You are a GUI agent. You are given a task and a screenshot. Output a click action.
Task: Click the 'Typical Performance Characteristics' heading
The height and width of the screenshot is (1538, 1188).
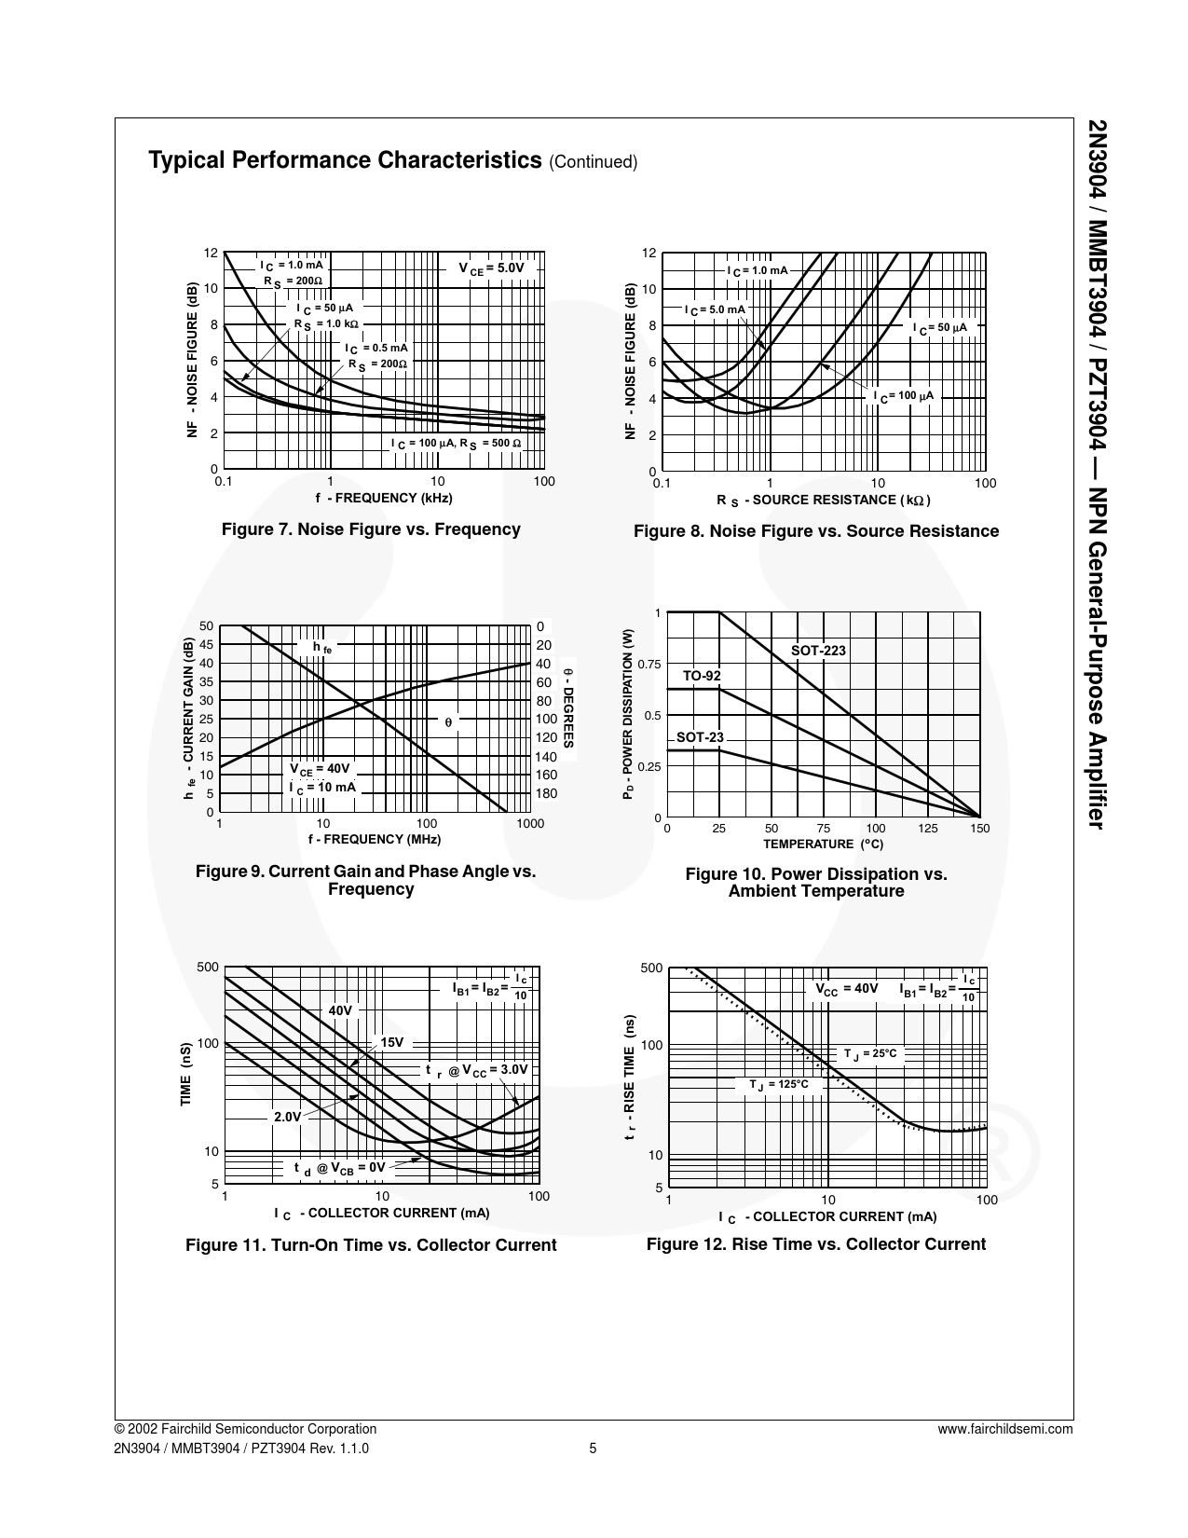pyautogui.click(x=345, y=160)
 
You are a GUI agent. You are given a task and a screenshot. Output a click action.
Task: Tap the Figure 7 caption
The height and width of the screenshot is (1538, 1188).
pyautogui.click(x=371, y=529)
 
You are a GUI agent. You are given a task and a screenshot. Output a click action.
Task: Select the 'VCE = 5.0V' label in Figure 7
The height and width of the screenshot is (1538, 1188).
pyautogui.click(x=491, y=268)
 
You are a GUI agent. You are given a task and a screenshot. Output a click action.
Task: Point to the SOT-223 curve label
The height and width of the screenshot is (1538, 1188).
pyautogui.click(x=818, y=651)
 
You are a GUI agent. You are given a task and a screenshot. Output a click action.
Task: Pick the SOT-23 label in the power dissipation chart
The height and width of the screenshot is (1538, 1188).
pyautogui.click(x=700, y=737)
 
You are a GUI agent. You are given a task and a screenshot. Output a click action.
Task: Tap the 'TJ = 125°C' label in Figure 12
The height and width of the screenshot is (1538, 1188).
pyautogui.click(x=779, y=1085)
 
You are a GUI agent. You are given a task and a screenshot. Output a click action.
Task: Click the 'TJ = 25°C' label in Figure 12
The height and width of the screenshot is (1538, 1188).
pyautogui.click(x=870, y=1053)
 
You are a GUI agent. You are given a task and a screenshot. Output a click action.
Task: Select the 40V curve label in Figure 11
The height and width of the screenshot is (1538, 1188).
pyautogui.click(x=340, y=1010)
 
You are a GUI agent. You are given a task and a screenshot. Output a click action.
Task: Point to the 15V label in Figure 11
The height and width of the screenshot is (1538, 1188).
pyautogui.click(x=391, y=1042)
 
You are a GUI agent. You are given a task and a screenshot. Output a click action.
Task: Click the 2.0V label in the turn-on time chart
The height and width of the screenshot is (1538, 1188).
pyautogui.click(x=287, y=1116)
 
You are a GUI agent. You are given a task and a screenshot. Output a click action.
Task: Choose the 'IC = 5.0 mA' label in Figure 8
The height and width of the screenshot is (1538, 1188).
pyautogui.click(x=715, y=309)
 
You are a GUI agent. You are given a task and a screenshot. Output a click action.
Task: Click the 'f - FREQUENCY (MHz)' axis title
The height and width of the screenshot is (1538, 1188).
pyautogui.click(x=374, y=839)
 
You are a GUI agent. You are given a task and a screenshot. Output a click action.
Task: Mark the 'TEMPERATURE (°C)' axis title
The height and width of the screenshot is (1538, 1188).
pyautogui.click(x=823, y=845)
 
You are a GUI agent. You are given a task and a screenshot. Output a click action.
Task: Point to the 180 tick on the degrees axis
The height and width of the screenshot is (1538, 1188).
pyautogui.click(x=546, y=794)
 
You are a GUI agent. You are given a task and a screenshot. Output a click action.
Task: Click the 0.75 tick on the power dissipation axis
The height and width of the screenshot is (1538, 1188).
pyautogui.click(x=649, y=665)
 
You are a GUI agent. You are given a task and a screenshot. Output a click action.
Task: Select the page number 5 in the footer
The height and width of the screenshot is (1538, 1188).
pyautogui.click(x=593, y=1449)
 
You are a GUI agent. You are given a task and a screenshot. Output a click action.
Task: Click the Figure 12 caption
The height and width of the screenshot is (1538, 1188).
pyautogui.click(x=815, y=1244)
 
